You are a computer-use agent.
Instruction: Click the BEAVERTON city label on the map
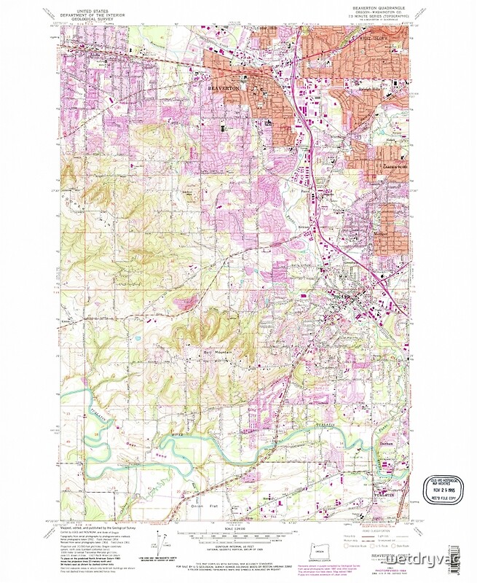pos(225,86)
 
